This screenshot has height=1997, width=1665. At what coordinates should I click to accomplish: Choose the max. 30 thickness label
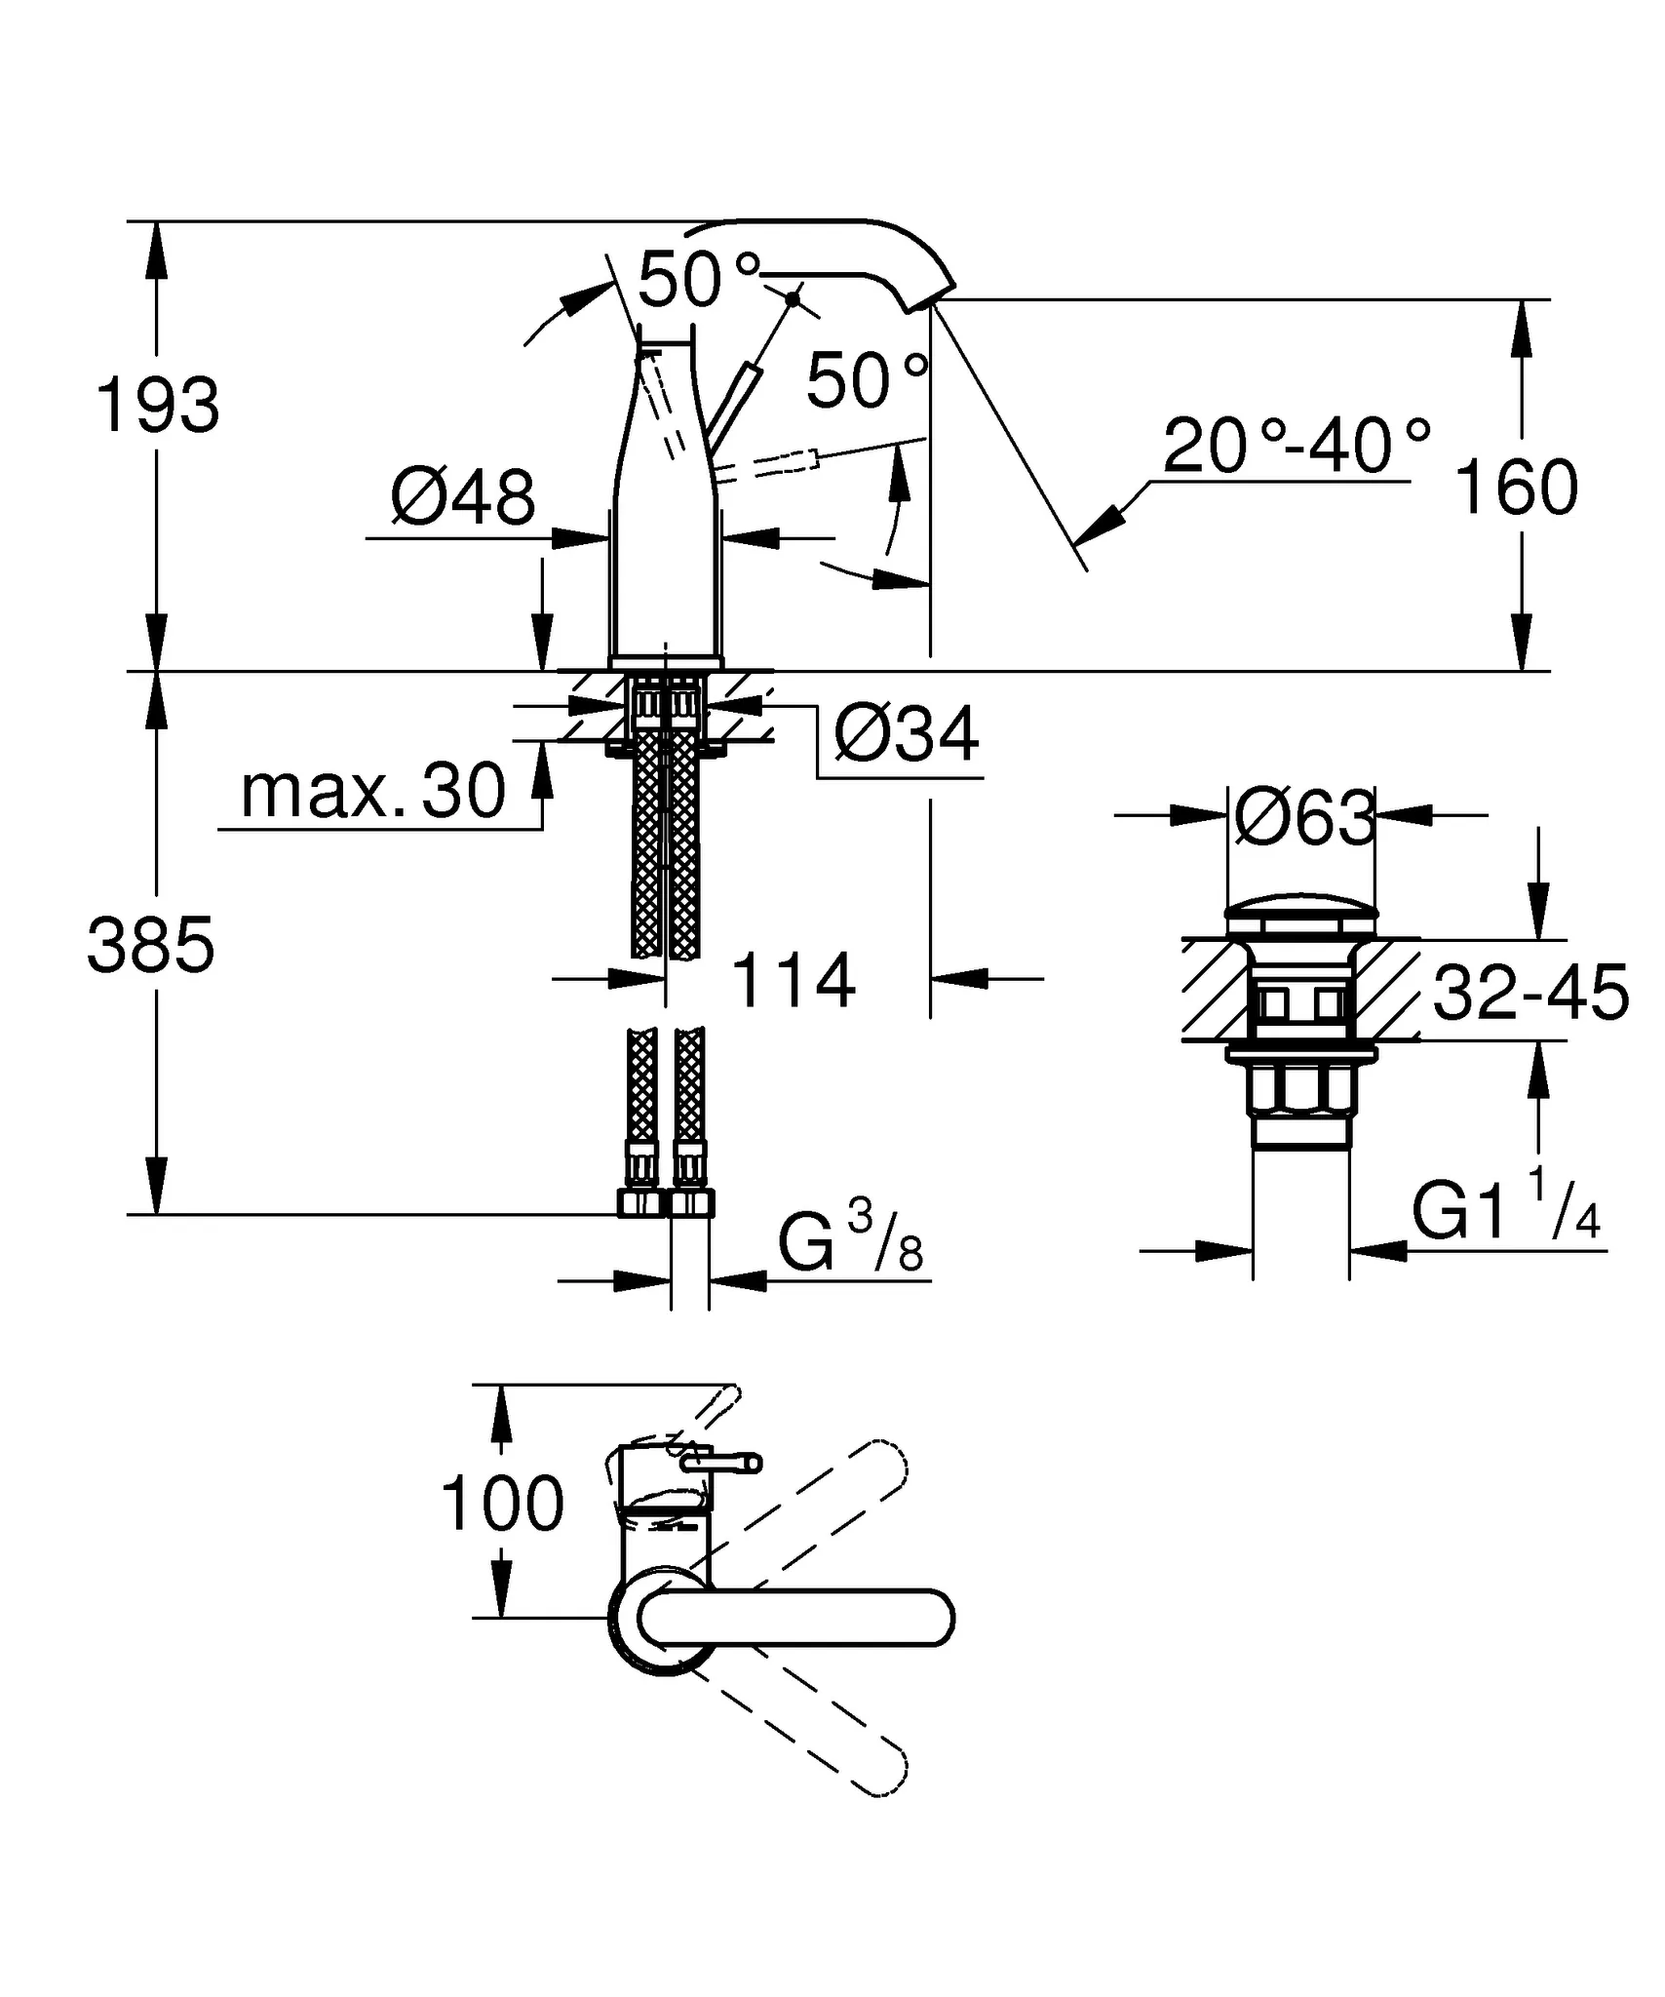click(373, 791)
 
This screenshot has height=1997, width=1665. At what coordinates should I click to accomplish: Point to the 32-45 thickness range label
click(1530, 992)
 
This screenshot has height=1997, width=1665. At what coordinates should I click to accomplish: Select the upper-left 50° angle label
click(698, 279)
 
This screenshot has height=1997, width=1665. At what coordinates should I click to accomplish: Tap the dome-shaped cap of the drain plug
click(1301, 919)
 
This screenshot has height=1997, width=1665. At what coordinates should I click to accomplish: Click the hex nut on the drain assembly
click(1301, 1090)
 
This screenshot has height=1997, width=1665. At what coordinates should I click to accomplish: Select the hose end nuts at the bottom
click(666, 1201)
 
